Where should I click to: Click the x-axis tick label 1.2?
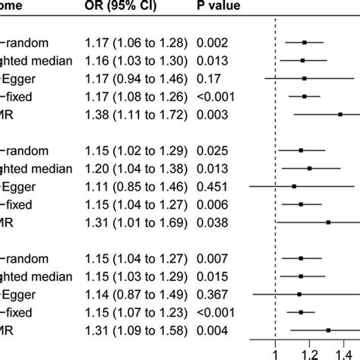coord(308,352)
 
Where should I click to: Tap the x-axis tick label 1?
coord(275,352)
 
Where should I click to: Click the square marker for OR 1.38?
coord(339,114)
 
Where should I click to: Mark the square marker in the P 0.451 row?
coord(294,186)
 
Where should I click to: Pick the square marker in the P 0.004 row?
coord(328,330)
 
